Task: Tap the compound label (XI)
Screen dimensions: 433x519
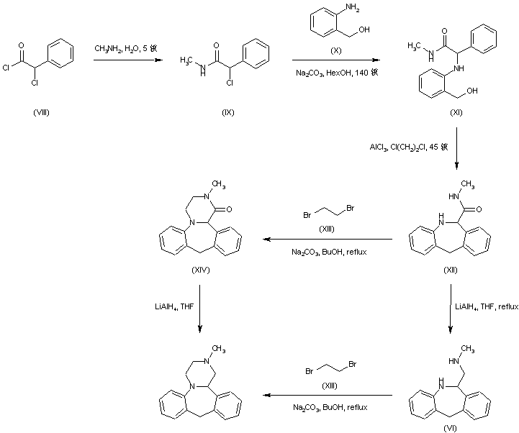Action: tap(455, 113)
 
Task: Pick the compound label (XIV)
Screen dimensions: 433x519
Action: tap(200, 268)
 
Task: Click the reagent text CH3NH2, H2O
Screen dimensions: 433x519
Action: tap(131, 48)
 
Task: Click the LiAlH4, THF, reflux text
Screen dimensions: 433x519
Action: tap(486, 306)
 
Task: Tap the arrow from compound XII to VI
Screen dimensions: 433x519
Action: tap(451, 307)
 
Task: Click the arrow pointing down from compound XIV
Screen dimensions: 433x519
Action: tap(199, 307)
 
